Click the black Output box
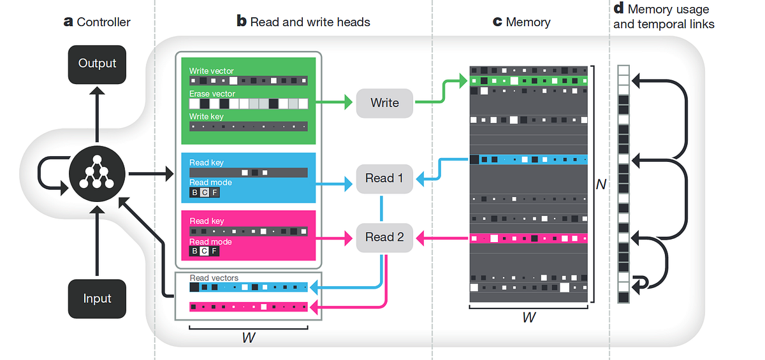(97, 64)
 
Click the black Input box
(97, 299)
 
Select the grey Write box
(384, 103)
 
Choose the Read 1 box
(384, 178)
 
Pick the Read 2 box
(384, 237)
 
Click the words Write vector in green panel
(212, 71)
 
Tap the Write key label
(206, 117)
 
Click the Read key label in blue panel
(207, 162)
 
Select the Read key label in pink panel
(207, 221)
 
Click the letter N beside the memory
(601, 184)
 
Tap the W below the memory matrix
(528, 317)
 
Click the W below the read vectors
(249, 338)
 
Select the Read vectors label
(214, 278)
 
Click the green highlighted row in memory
(528, 81)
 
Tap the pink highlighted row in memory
(528, 239)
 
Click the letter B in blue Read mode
(194, 193)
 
